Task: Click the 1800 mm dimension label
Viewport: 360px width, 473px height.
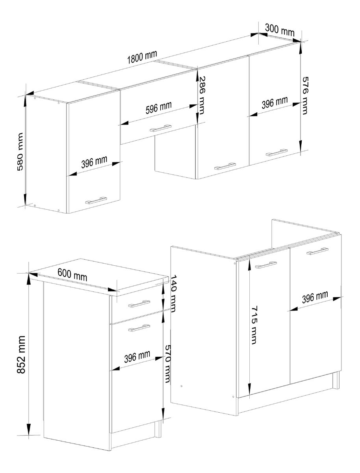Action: coord(142,57)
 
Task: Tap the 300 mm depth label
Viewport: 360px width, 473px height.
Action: coord(280,30)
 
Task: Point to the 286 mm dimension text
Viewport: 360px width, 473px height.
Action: coord(202,95)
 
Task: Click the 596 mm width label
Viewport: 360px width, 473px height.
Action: coord(159,107)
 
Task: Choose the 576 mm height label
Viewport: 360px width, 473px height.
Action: coord(305,95)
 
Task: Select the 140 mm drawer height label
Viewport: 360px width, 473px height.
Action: coord(173,293)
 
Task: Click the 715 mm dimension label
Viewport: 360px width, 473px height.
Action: coord(254,325)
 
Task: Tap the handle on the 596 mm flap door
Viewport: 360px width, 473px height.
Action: coord(161,128)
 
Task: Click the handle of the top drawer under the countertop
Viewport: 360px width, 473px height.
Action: coord(139,304)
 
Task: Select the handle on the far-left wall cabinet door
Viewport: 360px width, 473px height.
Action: coord(96,200)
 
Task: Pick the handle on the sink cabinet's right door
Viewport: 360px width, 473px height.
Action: coord(317,251)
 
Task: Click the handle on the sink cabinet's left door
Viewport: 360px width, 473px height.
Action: coord(266,265)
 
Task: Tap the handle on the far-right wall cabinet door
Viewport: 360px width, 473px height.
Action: coord(276,152)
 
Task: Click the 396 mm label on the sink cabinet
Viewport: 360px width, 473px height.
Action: coord(315,297)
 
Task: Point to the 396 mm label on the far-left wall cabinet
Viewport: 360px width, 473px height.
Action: coord(94,162)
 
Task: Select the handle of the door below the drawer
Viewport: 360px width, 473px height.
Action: coord(139,328)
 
